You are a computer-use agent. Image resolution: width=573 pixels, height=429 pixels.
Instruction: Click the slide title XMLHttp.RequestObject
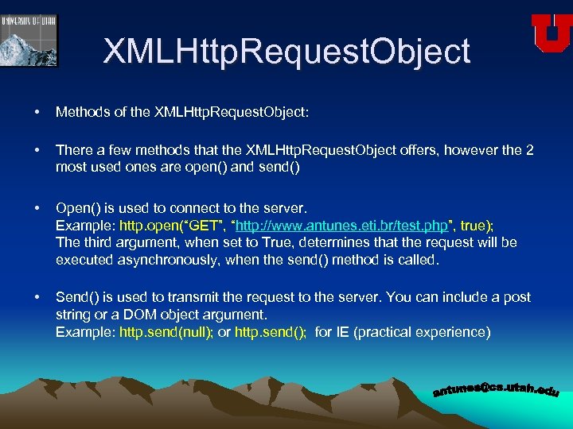pos(286,52)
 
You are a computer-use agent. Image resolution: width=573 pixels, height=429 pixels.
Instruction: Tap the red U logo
pos(552,33)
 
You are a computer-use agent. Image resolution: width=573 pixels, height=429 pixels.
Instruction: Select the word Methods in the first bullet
pos(81,113)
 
